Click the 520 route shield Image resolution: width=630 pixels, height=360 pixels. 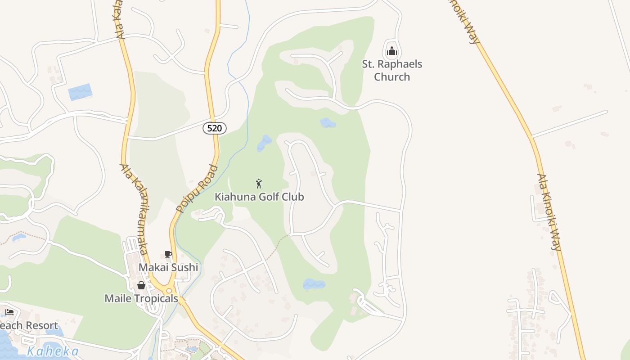(x=215, y=128)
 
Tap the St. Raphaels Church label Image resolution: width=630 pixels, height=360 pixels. (x=392, y=70)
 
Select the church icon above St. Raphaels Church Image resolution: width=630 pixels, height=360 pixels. (x=392, y=51)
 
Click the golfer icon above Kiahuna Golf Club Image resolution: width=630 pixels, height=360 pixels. (x=259, y=184)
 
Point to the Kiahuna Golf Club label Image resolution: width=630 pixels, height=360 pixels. (x=259, y=197)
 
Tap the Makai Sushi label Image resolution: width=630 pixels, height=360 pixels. (x=168, y=267)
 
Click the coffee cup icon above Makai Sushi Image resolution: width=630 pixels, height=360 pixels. (x=168, y=255)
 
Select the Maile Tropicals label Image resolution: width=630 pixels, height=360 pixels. (x=141, y=298)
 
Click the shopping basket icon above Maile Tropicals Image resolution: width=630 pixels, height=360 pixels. (x=141, y=285)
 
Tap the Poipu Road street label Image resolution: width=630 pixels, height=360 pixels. (x=197, y=189)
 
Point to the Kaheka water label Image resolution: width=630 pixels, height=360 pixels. (x=53, y=351)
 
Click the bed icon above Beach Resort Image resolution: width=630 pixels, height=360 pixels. (x=9, y=312)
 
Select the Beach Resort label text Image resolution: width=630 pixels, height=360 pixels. (x=29, y=325)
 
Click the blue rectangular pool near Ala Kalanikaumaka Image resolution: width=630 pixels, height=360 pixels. (x=80, y=92)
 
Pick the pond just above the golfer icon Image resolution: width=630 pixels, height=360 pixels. (x=264, y=143)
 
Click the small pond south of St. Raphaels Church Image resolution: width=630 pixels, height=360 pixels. (x=328, y=122)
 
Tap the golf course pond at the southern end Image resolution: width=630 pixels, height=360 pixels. (x=314, y=284)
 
